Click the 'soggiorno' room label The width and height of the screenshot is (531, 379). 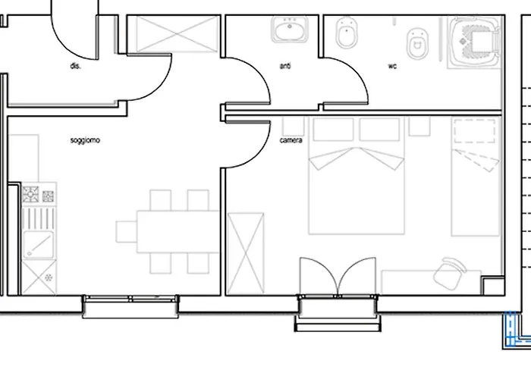tap(85, 140)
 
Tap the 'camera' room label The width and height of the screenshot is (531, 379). tap(291, 140)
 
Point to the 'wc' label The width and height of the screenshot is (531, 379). tap(392, 66)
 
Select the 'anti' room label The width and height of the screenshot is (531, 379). tap(285, 66)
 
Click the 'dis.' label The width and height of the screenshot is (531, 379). tap(75, 66)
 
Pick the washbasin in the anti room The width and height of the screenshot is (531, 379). tap(290, 30)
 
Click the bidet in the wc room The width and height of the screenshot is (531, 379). tap(347, 33)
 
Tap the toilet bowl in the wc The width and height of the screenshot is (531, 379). tap(417, 44)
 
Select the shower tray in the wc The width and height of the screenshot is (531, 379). tap(474, 42)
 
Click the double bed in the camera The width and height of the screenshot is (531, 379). tap(357, 176)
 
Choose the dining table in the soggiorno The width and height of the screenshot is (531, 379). tap(178, 231)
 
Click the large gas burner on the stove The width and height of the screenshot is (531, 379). tap(30, 194)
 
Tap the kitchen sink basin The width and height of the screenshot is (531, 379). tap(38, 244)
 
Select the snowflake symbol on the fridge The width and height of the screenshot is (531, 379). tap(49, 278)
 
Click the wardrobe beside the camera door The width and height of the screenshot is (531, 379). tap(246, 253)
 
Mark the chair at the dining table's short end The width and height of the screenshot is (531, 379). tap(127, 232)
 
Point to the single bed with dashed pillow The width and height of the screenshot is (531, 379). tap(476, 177)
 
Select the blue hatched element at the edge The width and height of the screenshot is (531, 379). tap(516, 330)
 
